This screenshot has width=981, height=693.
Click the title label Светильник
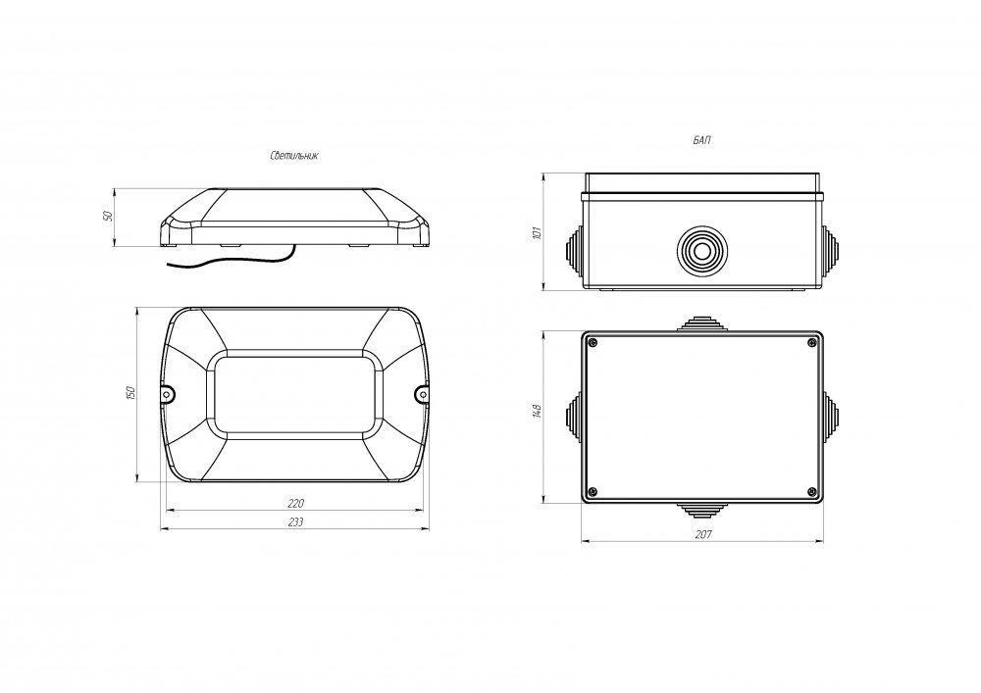coord(294,156)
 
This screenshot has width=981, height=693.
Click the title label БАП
coord(702,140)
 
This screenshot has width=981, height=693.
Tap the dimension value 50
coord(108,216)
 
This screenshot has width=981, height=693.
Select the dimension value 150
coord(130,393)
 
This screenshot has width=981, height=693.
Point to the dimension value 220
coord(295,503)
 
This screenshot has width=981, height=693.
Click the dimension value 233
coord(295,521)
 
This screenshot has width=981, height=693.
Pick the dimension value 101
coord(537,233)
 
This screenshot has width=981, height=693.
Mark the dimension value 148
coord(537,411)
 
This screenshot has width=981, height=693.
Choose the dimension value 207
coord(703,535)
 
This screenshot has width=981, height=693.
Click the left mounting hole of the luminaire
coord(167,394)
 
